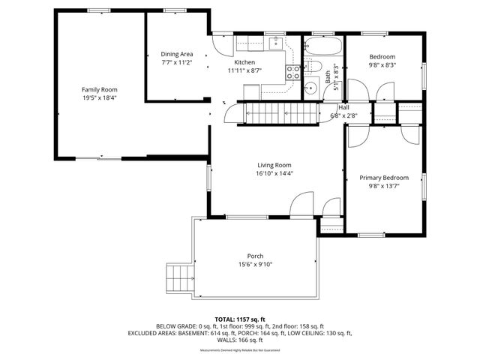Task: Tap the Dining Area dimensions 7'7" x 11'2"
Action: (177, 62)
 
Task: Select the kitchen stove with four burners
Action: (293, 72)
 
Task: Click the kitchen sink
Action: (276, 41)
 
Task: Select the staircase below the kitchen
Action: (277, 114)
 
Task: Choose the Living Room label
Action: (274, 165)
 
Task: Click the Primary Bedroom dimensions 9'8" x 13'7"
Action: (383, 187)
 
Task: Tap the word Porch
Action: (255, 256)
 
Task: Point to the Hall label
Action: (343, 107)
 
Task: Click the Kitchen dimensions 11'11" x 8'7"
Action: (244, 70)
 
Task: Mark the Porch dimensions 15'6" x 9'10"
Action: (255, 264)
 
